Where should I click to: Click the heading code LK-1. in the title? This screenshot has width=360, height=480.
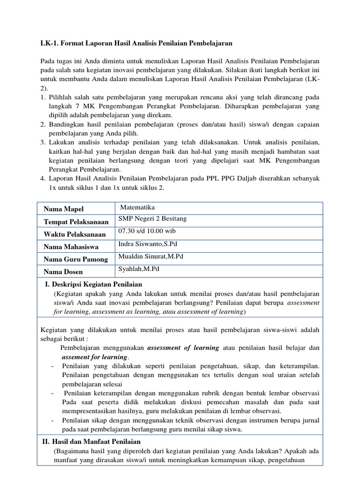click(48, 43)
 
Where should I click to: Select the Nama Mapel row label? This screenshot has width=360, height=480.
click(63, 209)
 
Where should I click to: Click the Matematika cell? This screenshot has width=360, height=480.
click(137, 207)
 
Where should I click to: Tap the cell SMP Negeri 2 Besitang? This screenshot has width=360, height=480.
click(152, 219)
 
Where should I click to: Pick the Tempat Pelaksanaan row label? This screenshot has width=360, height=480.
click(76, 221)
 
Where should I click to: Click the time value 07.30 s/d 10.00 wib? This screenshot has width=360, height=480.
click(147, 232)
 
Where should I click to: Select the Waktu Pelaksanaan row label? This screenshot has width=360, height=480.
click(75, 234)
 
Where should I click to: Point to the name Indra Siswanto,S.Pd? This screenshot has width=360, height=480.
click(148, 244)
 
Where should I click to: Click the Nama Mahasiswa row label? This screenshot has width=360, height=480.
click(71, 247)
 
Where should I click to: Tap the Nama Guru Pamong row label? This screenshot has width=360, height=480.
click(75, 259)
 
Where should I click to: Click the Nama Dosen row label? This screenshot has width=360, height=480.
click(63, 272)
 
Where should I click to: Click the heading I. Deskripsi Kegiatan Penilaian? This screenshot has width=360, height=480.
click(93, 285)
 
